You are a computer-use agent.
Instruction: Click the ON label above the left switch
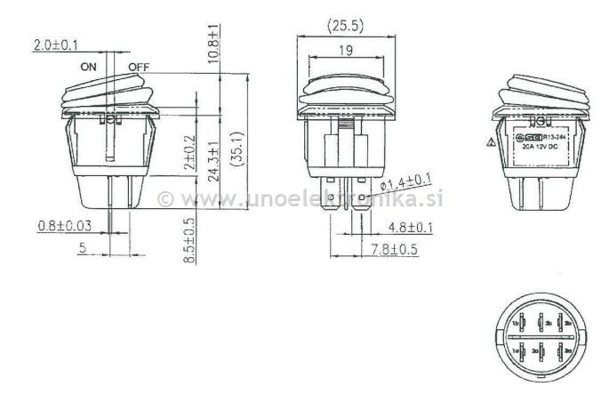coord(88,67)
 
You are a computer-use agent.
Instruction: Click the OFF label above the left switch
coord(139,67)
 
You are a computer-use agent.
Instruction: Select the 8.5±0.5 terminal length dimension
coord(188,237)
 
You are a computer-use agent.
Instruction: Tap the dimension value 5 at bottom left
coord(81,250)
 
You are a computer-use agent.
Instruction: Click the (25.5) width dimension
coord(348,23)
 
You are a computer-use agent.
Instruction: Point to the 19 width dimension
coord(348,51)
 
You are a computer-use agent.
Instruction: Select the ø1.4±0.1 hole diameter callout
coord(406,182)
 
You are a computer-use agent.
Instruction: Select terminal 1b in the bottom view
coord(515,323)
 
